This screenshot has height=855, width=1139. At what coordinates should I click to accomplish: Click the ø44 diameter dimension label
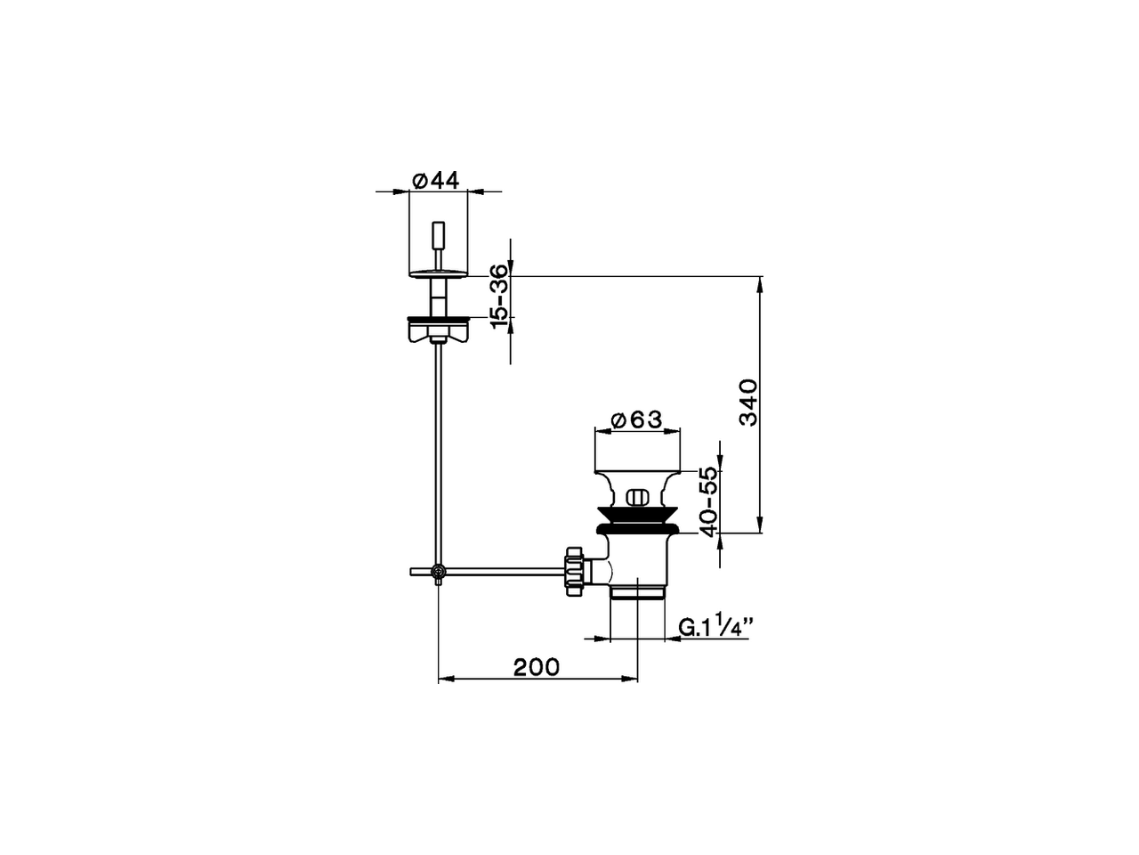click(x=436, y=180)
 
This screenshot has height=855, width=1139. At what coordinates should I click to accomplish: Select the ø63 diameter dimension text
click(x=638, y=419)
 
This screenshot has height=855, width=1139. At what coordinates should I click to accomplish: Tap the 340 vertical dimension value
click(x=747, y=403)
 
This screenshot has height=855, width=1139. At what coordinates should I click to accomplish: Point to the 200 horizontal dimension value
click(x=537, y=666)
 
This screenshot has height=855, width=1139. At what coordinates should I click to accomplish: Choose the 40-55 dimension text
click(x=707, y=501)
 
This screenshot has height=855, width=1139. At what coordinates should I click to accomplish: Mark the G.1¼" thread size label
click(x=716, y=627)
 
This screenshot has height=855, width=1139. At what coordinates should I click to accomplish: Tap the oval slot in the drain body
click(x=637, y=497)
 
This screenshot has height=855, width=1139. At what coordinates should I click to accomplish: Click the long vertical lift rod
click(x=437, y=445)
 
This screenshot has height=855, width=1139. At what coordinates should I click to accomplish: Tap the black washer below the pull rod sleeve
click(x=436, y=317)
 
